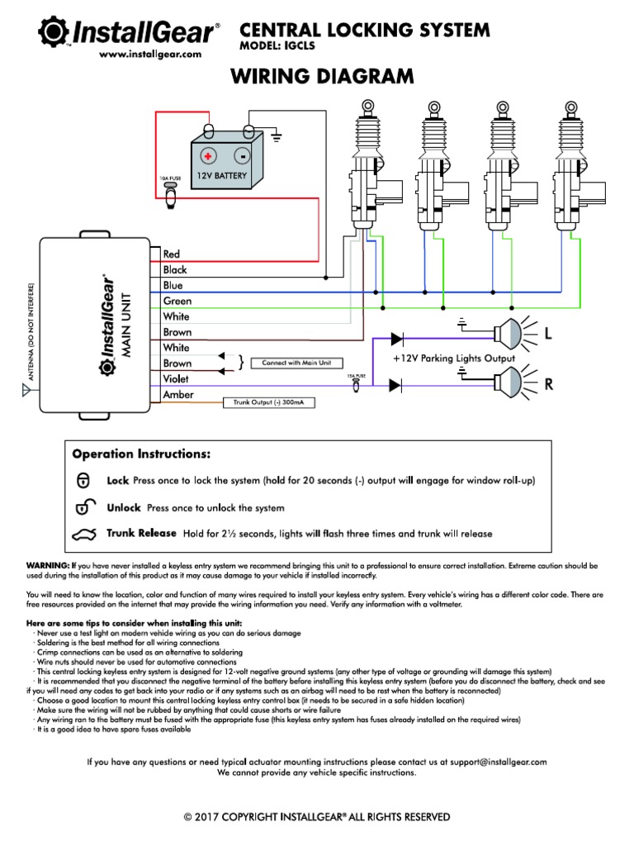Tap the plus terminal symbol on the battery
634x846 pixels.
(208, 155)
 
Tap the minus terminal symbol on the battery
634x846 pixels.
(241, 155)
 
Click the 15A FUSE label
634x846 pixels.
(355, 375)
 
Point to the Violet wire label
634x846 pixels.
(176, 378)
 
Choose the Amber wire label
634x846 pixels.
(178, 395)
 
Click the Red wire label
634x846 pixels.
(172, 254)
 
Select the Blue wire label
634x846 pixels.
(173, 285)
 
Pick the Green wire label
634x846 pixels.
(177, 301)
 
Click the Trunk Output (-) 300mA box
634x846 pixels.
(267, 402)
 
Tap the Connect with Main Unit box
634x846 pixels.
(296, 363)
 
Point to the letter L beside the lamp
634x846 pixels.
(546, 333)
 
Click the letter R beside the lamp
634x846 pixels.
(547, 384)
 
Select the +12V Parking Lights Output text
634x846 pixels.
(454, 359)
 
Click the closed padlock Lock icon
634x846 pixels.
(83, 480)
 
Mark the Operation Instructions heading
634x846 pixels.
(140, 454)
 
